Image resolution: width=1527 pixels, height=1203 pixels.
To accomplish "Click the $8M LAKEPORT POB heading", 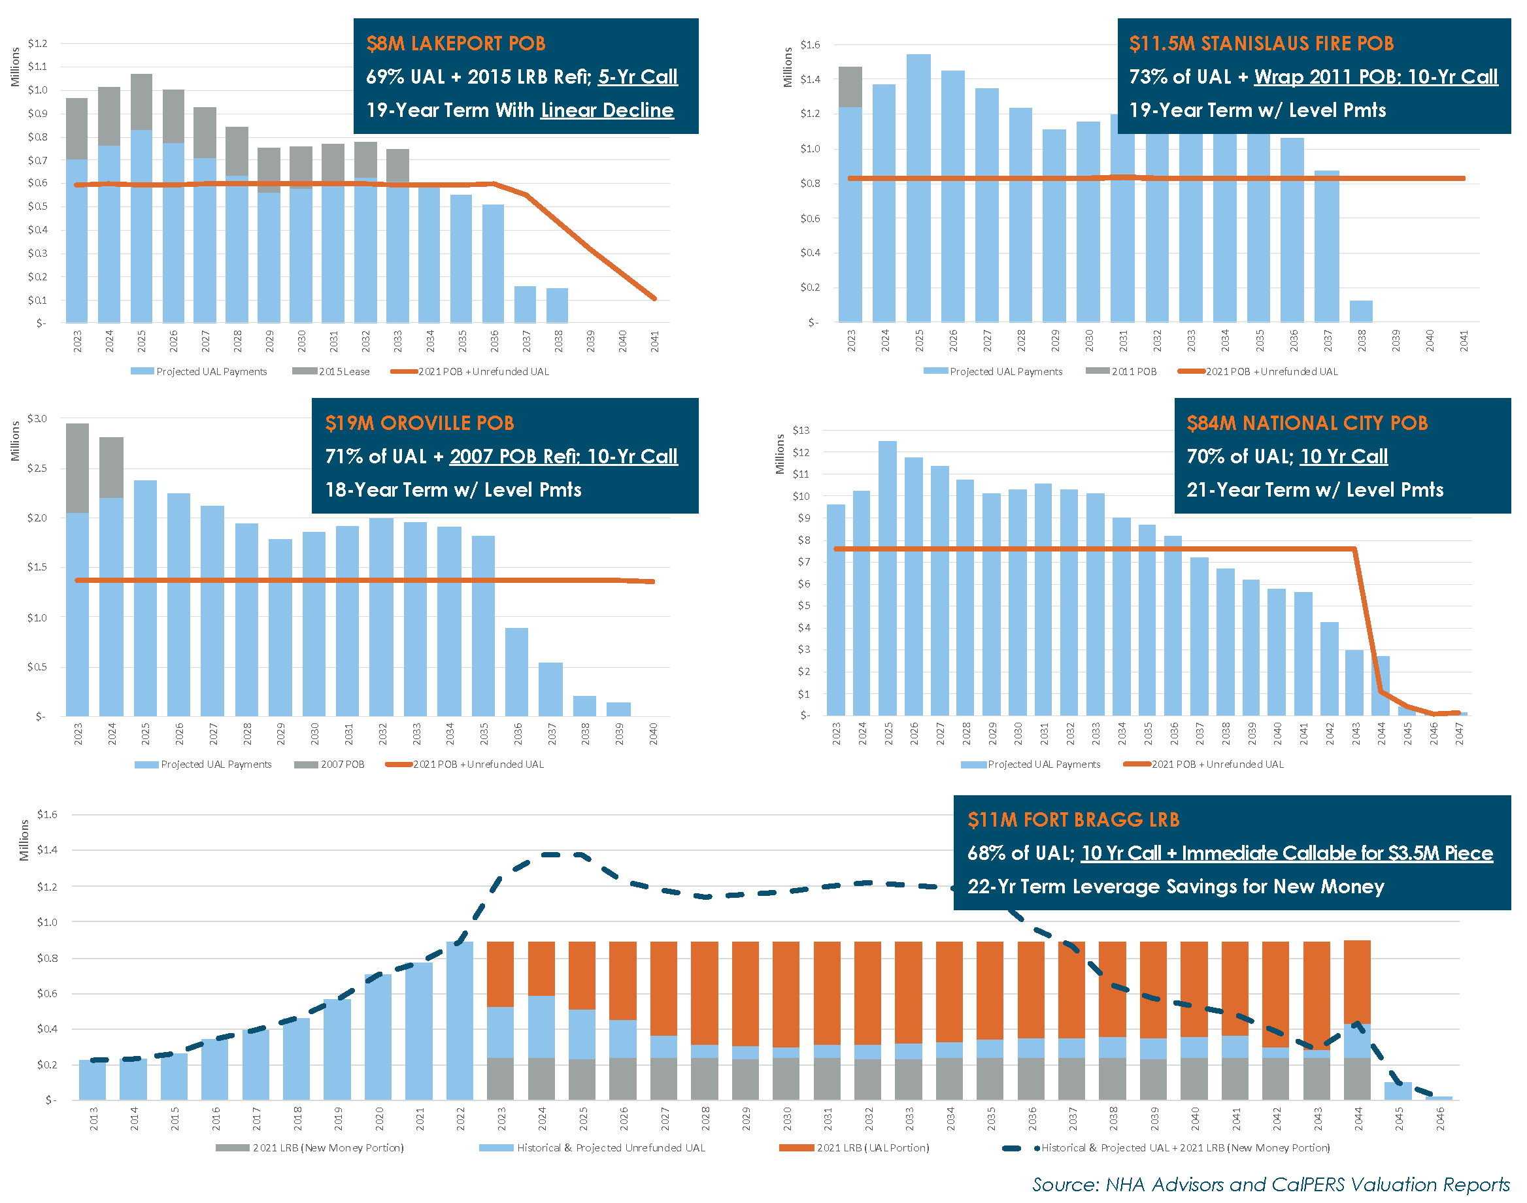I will pyautogui.click(x=455, y=44).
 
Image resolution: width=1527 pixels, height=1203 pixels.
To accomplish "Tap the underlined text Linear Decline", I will pyautogui.click(x=607, y=110).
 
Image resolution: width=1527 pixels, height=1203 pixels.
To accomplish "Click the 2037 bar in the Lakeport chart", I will pyautogui.click(x=525, y=305).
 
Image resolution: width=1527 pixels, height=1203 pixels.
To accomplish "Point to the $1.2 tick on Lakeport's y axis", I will pyautogui.click(x=37, y=44).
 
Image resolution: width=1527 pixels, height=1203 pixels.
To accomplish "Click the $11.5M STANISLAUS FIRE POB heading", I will pyautogui.click(x=1261, y=44).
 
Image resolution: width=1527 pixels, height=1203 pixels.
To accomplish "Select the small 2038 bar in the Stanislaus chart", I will pyautogui.click(x=1361, y=311).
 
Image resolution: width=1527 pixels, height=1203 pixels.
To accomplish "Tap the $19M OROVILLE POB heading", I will pyautogui.click(x=419, y=423).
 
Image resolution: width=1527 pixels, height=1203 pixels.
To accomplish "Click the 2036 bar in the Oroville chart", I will pyautogui.click(x=516, y=672).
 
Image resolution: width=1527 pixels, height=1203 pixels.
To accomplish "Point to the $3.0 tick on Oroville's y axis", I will pyautogui.click(x=37, y=418).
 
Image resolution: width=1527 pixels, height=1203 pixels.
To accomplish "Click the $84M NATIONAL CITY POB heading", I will pyautogui.click(x=1307, y=423).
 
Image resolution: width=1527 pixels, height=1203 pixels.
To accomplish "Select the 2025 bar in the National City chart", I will pyautogui.click(x=888, y=578).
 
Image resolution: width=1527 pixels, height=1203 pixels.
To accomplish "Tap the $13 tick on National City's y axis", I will pyautogui.click(x=801, y=431).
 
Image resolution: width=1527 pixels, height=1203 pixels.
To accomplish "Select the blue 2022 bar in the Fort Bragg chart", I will pyautogui.click(x=460, y=1021).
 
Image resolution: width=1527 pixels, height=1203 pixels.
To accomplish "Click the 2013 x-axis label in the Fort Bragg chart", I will pyautogui.click(x=93, y=1118).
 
